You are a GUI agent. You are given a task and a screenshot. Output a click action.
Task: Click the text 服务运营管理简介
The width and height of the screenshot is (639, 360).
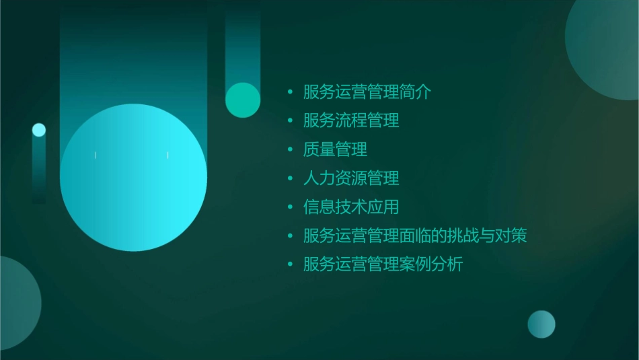367,92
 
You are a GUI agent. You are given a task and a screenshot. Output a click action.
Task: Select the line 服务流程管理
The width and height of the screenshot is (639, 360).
351,121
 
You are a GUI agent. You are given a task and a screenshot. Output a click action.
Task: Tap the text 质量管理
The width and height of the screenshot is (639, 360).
335,149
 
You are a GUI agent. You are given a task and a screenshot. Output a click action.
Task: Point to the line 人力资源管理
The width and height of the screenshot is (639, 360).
351,178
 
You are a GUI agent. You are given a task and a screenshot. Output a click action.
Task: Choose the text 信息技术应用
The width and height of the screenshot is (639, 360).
351,207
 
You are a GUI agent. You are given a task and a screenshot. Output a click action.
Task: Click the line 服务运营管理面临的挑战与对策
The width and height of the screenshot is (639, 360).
415,236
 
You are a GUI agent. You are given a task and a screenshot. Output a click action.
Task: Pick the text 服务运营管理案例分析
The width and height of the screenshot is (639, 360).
383,264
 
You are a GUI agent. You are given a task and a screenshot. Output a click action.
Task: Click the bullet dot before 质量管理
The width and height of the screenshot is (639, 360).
290,149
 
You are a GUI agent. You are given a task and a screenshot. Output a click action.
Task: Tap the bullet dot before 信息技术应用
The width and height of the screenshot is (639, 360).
290,207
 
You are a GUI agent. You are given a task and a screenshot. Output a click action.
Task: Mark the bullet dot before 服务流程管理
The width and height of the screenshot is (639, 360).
290,121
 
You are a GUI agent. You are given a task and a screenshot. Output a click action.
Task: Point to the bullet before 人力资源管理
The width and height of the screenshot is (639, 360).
290,178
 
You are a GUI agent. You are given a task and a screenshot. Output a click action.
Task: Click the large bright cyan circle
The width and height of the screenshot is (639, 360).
133,178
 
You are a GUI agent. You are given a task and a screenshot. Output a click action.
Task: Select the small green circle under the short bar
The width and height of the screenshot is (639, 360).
243,100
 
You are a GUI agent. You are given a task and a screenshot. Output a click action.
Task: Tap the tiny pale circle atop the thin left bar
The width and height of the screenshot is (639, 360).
39,130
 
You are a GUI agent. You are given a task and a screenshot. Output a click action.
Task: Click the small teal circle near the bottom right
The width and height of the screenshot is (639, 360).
541,324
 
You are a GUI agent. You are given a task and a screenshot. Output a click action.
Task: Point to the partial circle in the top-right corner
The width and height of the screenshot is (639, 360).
605,40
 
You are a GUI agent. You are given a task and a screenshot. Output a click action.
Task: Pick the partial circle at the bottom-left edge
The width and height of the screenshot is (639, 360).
17,303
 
